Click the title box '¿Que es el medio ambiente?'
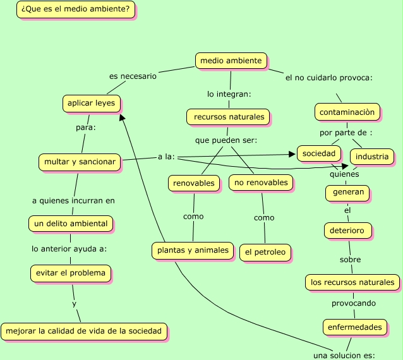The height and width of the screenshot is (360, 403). (75, 9)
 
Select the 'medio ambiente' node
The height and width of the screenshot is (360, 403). (230, 61)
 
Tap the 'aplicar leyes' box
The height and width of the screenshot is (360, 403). (92, 102)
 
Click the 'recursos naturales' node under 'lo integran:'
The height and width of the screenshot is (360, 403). (228, 117)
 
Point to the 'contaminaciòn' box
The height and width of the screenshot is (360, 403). (347, 112)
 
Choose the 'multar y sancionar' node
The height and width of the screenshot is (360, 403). (80, 162)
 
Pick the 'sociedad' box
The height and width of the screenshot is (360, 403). (318, 153)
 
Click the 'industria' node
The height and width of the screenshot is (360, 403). (372, 156)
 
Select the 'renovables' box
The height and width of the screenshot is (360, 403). (194, 183)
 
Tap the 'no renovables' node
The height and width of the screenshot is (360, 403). (261, 183)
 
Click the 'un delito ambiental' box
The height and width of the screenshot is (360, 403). (71, 223)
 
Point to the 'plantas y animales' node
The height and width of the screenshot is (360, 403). (193, 250)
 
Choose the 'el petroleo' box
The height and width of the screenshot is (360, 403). (265, 252)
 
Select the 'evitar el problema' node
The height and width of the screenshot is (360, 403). (71, 273)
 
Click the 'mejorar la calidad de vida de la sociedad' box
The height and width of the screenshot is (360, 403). (85, 330)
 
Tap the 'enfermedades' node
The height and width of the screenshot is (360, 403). (354, 327)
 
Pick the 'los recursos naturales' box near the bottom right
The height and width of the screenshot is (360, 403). (352, 282)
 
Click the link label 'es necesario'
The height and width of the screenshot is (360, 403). (133, 76)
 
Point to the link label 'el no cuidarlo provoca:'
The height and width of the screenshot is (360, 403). (328, 78)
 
